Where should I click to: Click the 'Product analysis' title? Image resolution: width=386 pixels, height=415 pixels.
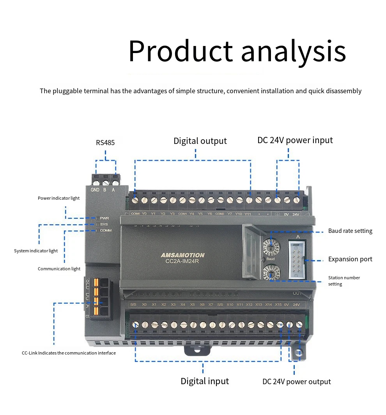click(237, 51)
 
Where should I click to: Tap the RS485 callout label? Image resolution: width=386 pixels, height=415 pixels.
click(105, 143)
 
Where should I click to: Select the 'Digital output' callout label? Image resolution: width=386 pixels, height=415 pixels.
click(200, 141)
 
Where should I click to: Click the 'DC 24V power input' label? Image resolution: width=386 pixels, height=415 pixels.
click(295, 140)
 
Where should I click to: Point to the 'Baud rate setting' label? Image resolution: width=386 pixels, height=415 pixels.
click(350, 231)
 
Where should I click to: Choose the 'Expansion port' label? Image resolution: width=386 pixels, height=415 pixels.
click(350, 259)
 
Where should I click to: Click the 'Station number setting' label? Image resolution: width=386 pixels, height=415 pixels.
click(344, 281)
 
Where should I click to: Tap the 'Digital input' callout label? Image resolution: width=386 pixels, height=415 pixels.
click(204, 381)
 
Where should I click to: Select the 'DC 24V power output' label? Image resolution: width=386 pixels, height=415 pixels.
click(296, 381)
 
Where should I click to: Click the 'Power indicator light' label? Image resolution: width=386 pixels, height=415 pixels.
click(58, 198)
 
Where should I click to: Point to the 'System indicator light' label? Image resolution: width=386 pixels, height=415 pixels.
click(36, 251)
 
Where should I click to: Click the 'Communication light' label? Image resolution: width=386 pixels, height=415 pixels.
click(59, 269)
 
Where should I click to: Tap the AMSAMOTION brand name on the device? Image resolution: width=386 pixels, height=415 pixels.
click(182, 255)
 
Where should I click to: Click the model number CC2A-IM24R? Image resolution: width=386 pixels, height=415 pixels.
click(180, 261)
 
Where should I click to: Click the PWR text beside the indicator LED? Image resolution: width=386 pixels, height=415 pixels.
click(104, 218)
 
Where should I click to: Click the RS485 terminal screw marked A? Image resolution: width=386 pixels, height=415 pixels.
click(115, 182)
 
